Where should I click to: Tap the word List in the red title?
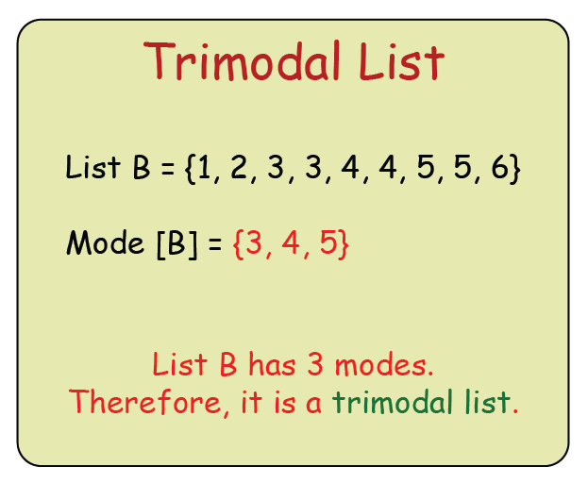coord(399,63)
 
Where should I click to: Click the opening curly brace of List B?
coord(189,171)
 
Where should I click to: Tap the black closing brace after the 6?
coord(514,171)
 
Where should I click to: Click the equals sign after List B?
coord(166,171)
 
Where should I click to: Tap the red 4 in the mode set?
coord(289,244)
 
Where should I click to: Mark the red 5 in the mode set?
coord(328,244)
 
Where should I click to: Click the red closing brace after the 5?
coord(344,245)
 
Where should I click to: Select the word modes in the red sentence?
coord(386,364)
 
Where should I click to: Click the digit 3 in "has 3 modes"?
coord(319,364)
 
